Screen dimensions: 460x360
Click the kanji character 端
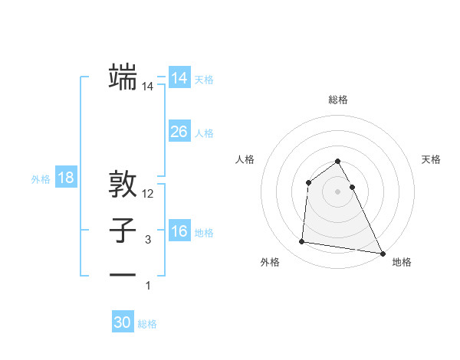click(x=123, y=77)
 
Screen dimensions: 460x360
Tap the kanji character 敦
click(x=123, y=185)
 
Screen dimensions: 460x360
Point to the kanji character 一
click(x=123, y=275)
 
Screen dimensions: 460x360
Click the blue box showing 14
click(x=179, y=77)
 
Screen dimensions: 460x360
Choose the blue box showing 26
click(x=179, y=131)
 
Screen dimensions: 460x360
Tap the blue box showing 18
click(x=66, y=178)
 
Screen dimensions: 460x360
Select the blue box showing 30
click(x=123, y=322)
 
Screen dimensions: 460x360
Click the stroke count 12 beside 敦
click(x=148, y=195)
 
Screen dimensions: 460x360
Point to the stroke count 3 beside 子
click(x=148, y=240)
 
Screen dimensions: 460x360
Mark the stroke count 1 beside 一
click(x=148, y=286)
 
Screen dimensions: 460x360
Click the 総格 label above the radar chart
click(x=337, y=100)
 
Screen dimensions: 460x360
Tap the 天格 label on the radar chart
click(x=432, y=159)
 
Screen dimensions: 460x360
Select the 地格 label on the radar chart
click(x=402, y=262)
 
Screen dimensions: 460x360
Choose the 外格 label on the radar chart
click(x=270, y=262)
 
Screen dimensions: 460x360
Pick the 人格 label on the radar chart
click(x=245, y=159)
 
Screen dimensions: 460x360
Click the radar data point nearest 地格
click(x=383, y=254)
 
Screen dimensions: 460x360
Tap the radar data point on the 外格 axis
click(x=302, y=242)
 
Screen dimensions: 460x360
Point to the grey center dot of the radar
click(x=337, y=191)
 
